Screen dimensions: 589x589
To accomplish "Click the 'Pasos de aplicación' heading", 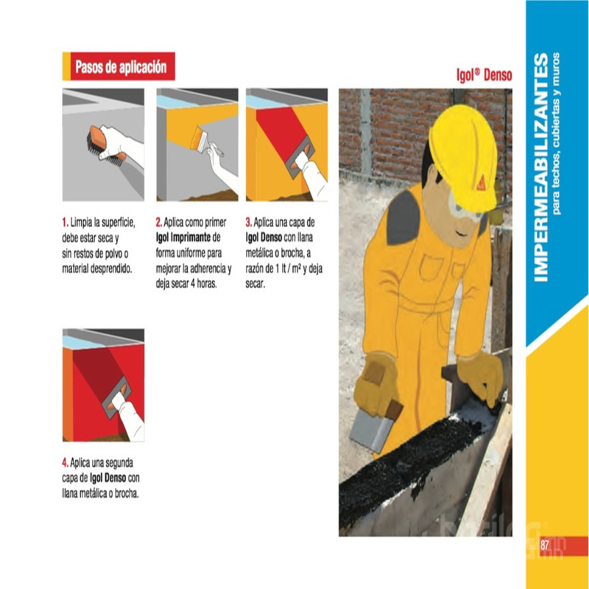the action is [121, 66].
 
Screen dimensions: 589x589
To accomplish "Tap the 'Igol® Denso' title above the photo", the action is [484, 75].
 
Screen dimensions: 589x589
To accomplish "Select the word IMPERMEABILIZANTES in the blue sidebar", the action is [541, 167].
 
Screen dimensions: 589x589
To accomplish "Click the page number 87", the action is [545, 545].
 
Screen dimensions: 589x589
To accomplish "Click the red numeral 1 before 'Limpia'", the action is [65, 222].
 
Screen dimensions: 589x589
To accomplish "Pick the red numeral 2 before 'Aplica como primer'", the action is [159, 222].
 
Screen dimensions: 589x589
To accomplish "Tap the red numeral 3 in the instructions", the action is [249, 222].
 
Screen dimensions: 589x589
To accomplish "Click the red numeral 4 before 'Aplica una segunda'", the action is [66, 462].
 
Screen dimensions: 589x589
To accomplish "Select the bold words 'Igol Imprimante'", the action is [183, 238].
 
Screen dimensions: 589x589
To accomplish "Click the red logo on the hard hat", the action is [481, 183].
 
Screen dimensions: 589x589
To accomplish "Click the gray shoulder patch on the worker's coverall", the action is [403, 217].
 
